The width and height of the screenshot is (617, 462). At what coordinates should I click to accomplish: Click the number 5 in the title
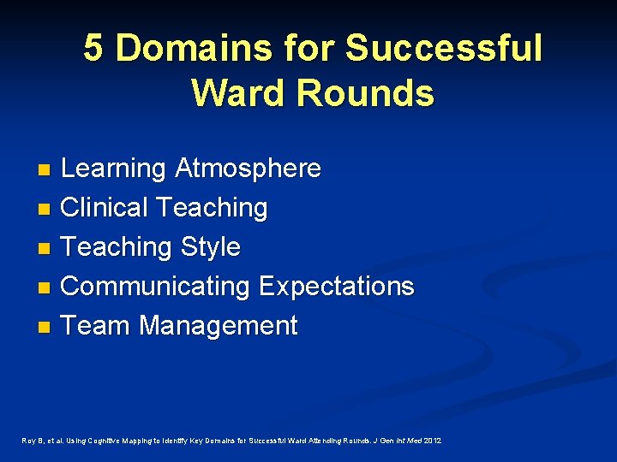[94, 49]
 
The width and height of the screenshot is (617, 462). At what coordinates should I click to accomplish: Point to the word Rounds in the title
[374, 92]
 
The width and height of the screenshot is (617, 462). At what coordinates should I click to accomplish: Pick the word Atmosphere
[248, 169]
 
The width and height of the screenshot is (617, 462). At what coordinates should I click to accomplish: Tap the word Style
[211, 247]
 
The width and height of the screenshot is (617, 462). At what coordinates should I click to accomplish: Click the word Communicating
[155, 287]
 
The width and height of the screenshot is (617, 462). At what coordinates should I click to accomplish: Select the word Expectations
[337, 287]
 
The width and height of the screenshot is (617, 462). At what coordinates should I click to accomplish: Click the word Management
[219, 326]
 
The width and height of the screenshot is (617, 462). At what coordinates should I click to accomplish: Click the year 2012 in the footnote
[433, 441]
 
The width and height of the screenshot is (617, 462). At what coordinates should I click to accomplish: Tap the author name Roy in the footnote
[27, 441]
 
